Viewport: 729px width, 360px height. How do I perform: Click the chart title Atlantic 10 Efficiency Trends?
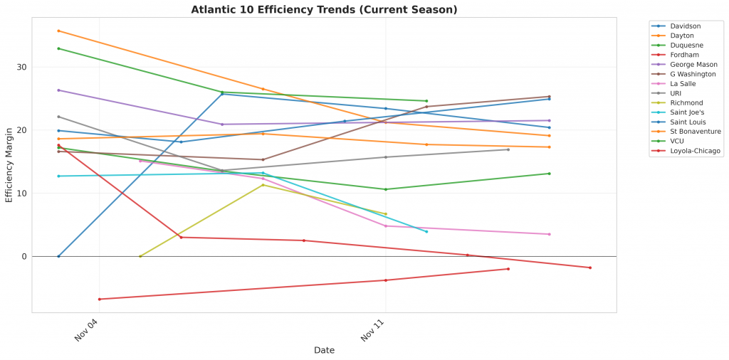tap(324, 10)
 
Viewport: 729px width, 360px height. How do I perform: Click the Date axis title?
tap(324, 351)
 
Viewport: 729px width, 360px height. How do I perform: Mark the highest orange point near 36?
tap(58, 31)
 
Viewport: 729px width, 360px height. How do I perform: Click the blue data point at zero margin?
tap(58, 256)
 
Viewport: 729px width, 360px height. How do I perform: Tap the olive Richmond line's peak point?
tap(263, 185)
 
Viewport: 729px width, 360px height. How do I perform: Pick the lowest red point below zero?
tap(100, 300)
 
